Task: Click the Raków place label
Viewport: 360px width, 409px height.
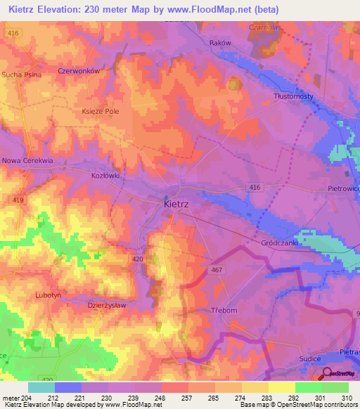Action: [221, 43]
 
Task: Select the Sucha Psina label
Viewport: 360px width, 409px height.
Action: [22, 74]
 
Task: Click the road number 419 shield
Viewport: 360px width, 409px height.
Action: [18, 200]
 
